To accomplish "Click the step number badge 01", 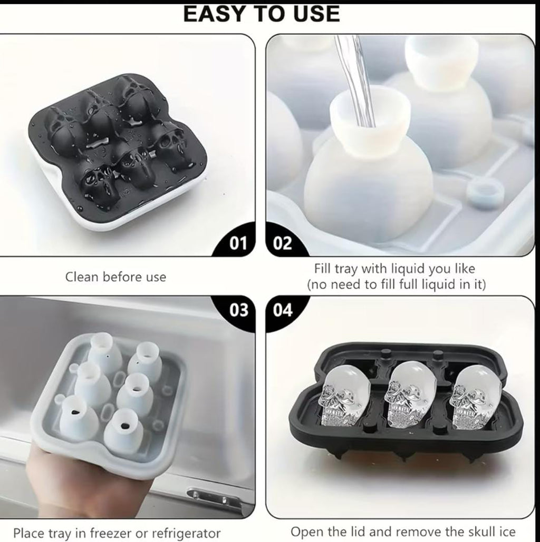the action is coord(238,243).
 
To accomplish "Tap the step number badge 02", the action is coord(282,243).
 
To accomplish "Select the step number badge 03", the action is coord(239,310).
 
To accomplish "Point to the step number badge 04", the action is coord(283,310).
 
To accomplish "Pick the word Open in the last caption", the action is coord(305,531).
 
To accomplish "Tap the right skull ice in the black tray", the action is coord(475,396).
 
